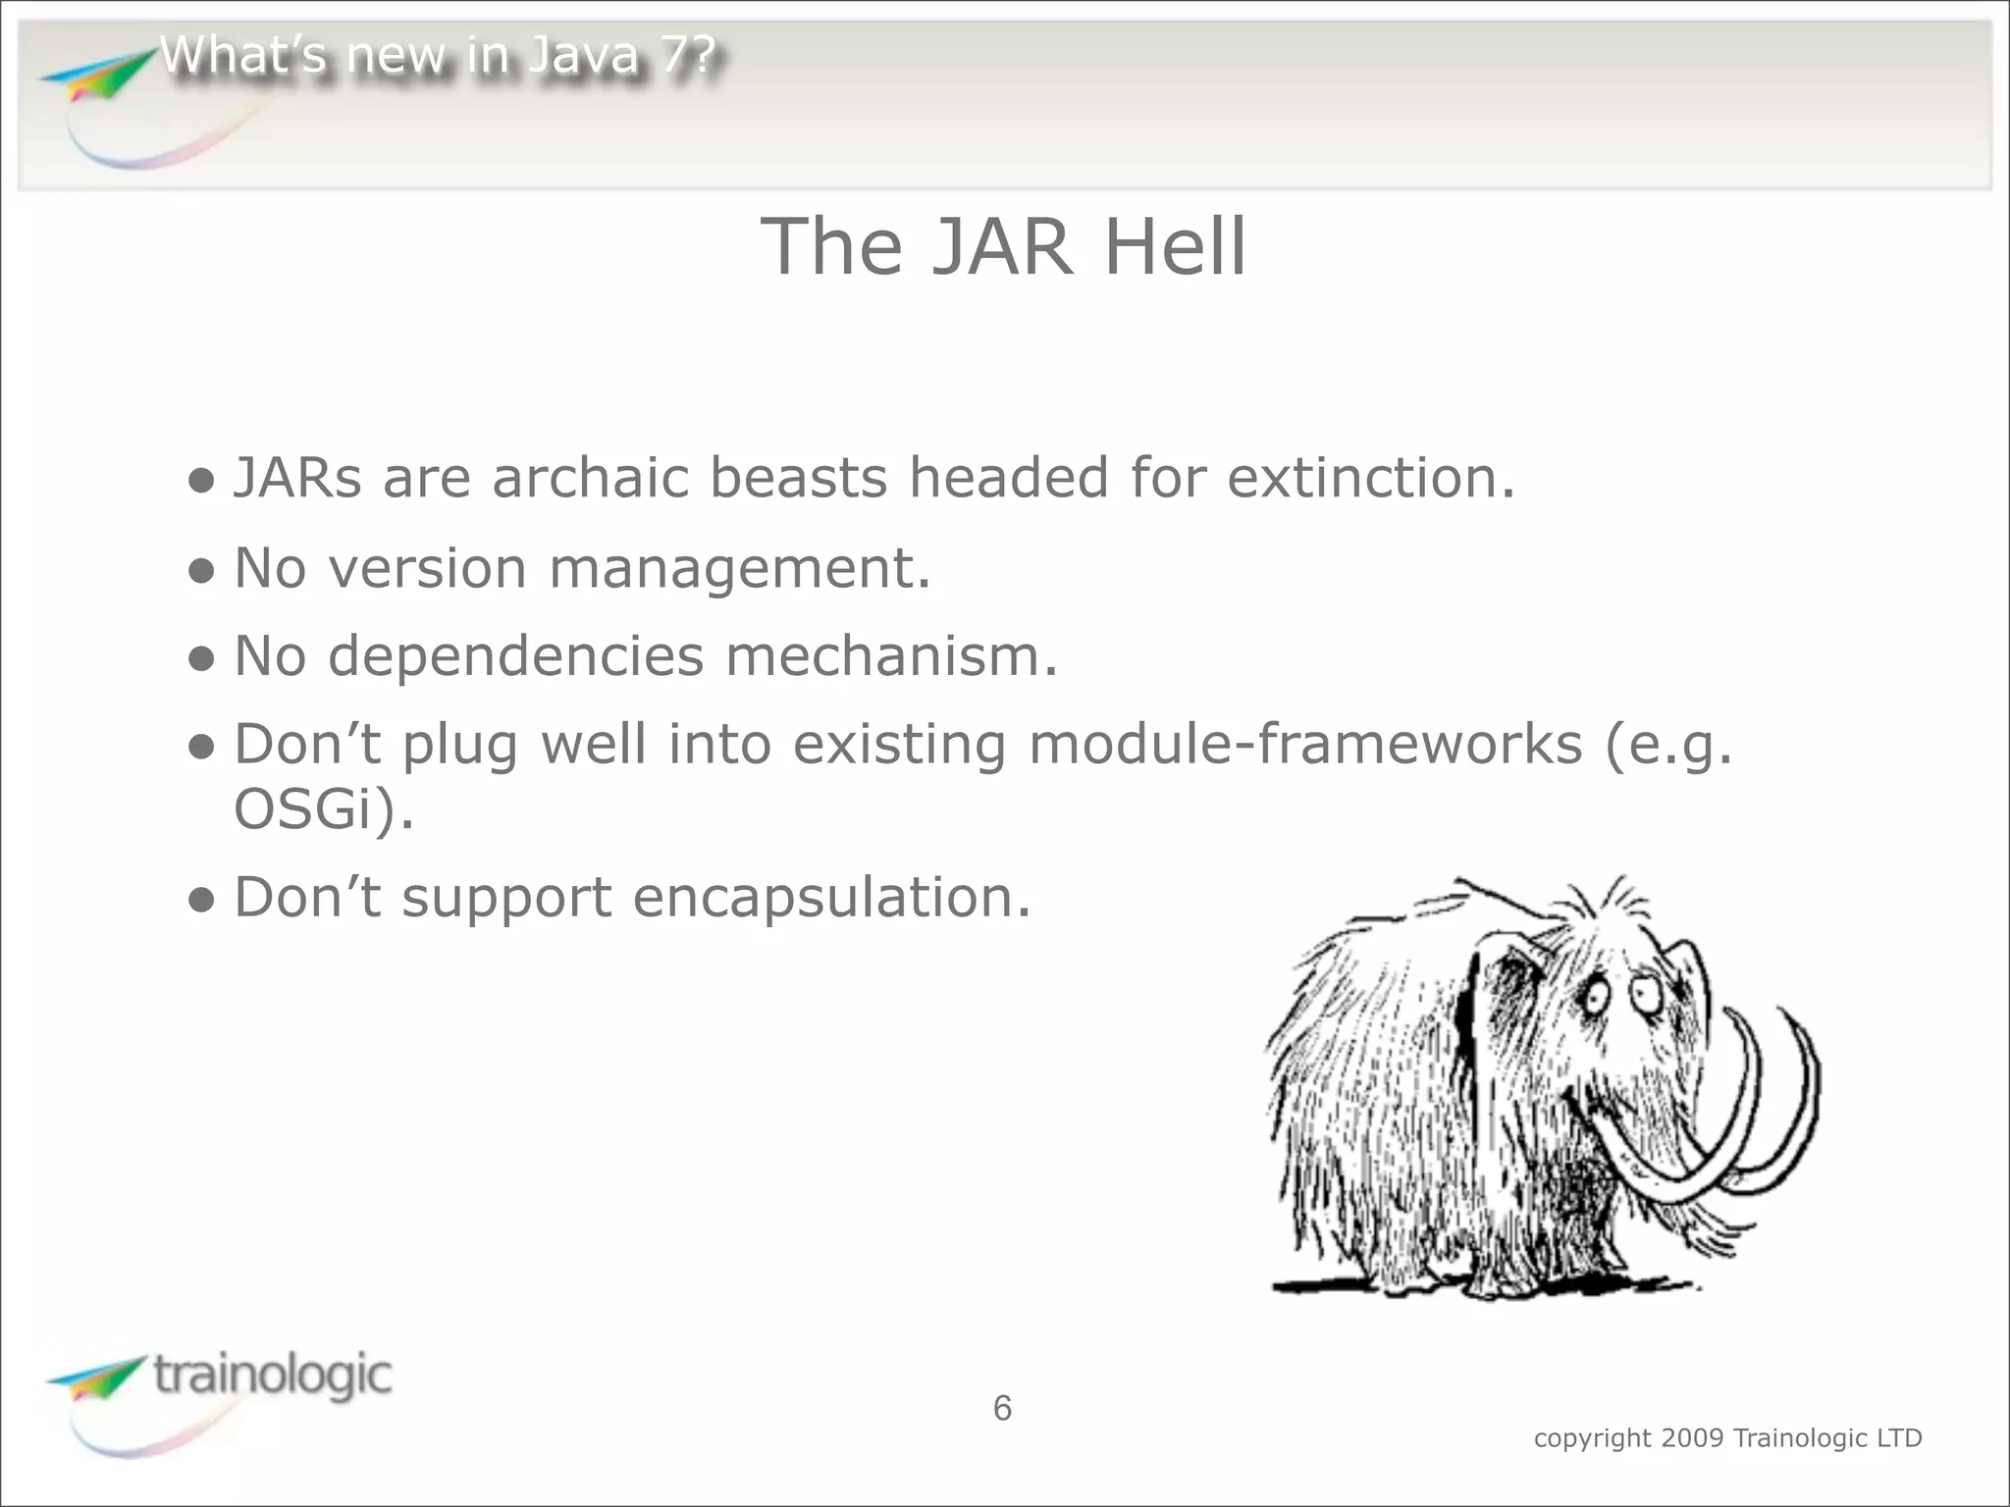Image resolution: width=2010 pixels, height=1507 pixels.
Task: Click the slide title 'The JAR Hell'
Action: point(1003,246)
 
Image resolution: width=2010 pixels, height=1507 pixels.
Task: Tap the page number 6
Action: point(1002,1408)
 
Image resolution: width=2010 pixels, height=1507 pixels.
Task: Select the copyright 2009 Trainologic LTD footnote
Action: point(1727,1438)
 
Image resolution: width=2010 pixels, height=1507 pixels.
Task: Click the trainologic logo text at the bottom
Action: point(273,1375)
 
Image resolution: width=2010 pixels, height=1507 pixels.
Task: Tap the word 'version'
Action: point(427,568)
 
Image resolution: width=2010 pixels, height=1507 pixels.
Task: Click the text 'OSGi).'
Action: point(324,810)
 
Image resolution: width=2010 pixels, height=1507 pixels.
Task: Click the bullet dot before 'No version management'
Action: point(201,570)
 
